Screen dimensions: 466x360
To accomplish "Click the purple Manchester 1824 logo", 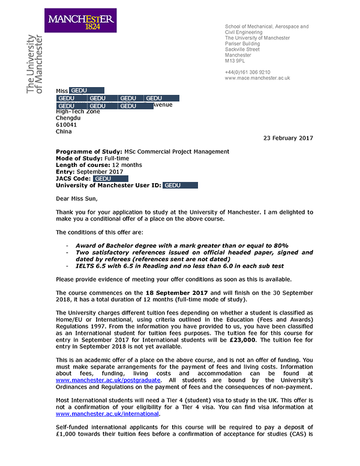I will pyautogui.click(x=80, y=21).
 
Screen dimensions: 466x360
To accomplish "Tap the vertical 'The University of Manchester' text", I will pyautogui.click(x=35, y=64).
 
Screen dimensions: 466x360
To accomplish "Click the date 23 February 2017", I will pyautogui.click(x=289, y=138).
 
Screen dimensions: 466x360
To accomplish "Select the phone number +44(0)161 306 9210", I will pyautogui.click(x=247, y=72).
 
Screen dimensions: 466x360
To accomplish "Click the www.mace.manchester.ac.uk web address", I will pyautogui.click(x=257, y=78).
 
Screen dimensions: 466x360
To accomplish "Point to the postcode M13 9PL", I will pyautogui.click(x=235, y=61).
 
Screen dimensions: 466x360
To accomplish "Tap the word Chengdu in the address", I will pyautogui.click(x=68, y=118).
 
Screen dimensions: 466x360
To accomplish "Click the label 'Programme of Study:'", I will pyautogui.click(x=89, y=152).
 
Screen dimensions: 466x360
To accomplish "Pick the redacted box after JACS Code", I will pyautogui.click(x=111, y=179).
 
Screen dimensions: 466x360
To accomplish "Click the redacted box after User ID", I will pyautogui.click(x=181, y=186).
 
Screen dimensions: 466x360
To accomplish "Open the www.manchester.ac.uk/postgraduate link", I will pyautogui.click(x=109, y=380).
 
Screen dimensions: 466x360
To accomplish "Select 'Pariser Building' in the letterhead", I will pyautogui.click(x=242, y=44).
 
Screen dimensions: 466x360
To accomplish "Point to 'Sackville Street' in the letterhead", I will pyautogui.click(x=242, y=49).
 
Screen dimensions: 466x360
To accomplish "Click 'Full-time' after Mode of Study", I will pyautogui.click(x=121, y=159).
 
